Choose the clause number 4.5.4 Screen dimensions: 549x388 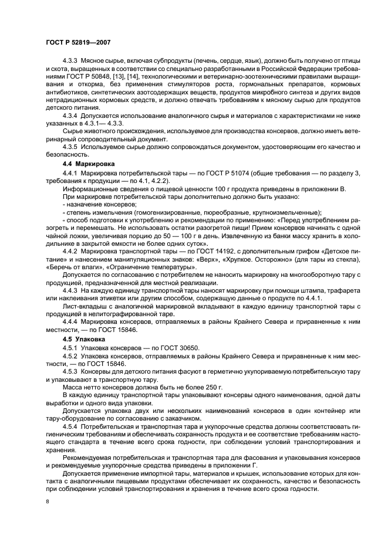point(72,427)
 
